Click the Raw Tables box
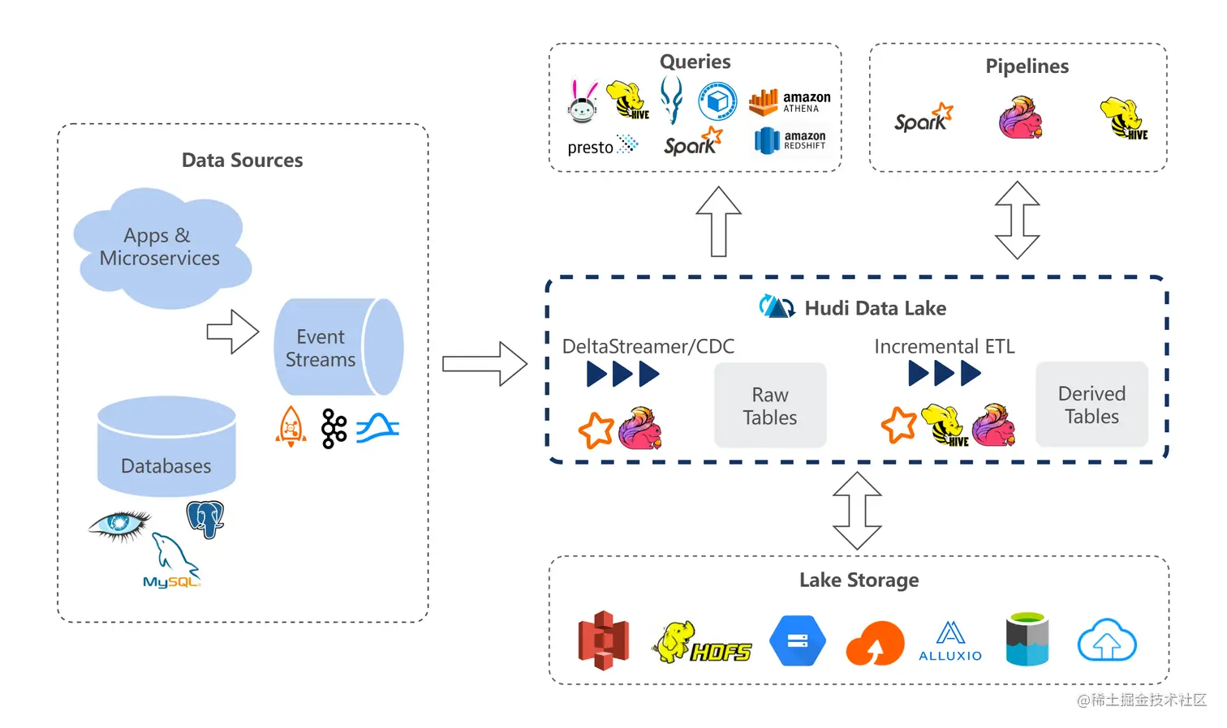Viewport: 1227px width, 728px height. (x=769, y=405)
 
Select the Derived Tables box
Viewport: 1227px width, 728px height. (x=1091, y=405)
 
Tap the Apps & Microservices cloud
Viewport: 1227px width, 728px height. (x=161, y=247)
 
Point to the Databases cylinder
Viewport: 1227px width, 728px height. (x=166, y=448)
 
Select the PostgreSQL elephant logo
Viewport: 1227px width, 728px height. (x=205, y=519)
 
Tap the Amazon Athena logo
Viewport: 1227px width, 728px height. (x=789, y=102)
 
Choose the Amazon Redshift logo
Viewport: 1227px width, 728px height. (x=789, y=140)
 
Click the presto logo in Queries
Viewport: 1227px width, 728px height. (x=601, y=147)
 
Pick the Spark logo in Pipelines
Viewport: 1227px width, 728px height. (x=923, y=118)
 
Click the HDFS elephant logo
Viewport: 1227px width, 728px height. (x=702, y=643)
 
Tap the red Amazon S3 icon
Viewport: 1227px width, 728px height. (x=603, y=640)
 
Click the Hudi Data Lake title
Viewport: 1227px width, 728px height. (x=875, y=308)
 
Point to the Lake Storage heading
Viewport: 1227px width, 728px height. (x=859, y=580)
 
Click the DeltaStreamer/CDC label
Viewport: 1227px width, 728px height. (x=648, y=347)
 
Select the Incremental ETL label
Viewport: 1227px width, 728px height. (x=944, y=347)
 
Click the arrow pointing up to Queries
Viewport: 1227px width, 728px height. (x=718, y=221)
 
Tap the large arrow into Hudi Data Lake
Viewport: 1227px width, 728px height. (x=484, y=363)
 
